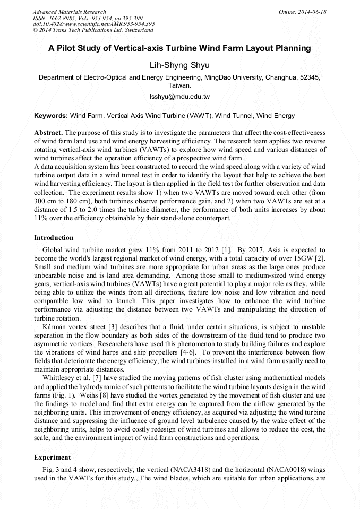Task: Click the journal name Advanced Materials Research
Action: pos(69,12)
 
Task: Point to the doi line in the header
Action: pos(93,24)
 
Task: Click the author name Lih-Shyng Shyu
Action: pos(180,65)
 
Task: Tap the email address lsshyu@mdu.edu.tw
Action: pos(180,97)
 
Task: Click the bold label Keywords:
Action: pos(51,115)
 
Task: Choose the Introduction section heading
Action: pos(54,237)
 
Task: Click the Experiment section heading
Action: pos(52,457)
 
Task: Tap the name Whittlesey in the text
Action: pos(61,377)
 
